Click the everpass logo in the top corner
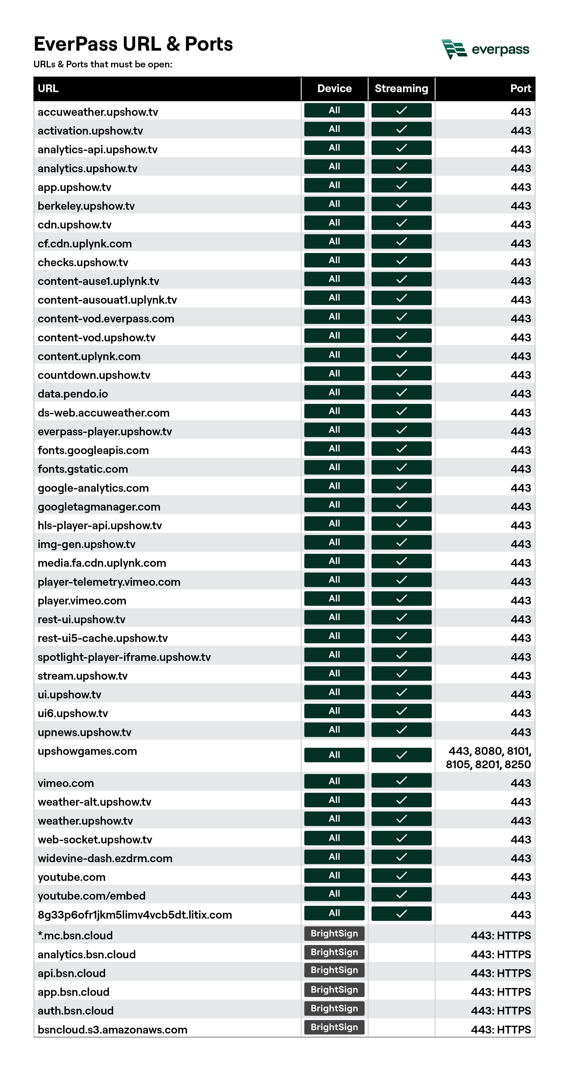pos(485,49)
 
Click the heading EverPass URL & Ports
pos(133,44)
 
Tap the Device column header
pos(334,89)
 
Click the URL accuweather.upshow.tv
pos(98,112)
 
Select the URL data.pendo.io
pos(73,394)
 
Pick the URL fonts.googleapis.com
pos(93,450)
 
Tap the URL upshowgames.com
pos(87,751)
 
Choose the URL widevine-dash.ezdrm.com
pos(105,858)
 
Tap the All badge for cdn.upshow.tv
pos(334,222)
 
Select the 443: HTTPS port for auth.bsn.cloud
pos(501,1011)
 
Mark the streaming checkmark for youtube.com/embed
pos(401,894)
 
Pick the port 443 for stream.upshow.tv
pos(521,676)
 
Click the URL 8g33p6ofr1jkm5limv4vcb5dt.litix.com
pos(135,915)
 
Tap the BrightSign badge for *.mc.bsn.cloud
pos(334,933)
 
